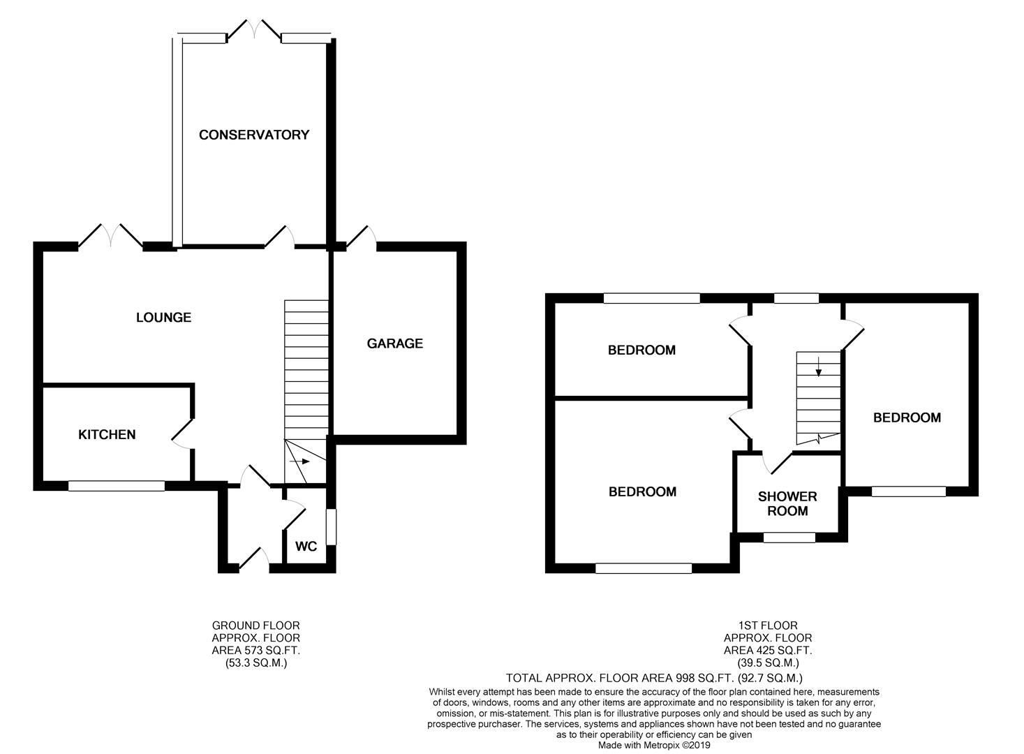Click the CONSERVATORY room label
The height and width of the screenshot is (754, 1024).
click(x=254, y=135)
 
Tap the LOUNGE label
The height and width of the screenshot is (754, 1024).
click(x=163, y=318)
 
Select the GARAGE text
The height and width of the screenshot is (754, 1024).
click(x=395, y=343)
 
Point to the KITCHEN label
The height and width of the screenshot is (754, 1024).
click(x=107, y=434)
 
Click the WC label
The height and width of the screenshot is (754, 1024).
click(x=306, y=546)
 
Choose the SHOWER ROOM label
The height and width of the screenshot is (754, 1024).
click(x=787, y=503)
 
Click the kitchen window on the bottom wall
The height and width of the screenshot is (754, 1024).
click(x=117, y=486)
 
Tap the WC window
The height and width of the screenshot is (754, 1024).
click(x=331, y=526)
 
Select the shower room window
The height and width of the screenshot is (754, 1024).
click(x=789, y=538)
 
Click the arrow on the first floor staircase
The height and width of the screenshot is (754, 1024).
click(x=818, y=367)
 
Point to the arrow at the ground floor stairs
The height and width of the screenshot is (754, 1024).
click(x=300, y=461)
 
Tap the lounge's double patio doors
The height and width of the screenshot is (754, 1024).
click(x=110, y=237)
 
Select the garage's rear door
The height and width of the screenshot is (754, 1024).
click(x=361, y=237)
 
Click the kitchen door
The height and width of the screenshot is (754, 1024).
click(x=182, y=433)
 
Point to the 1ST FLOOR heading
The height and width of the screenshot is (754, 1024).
click(x=768, y=625)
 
